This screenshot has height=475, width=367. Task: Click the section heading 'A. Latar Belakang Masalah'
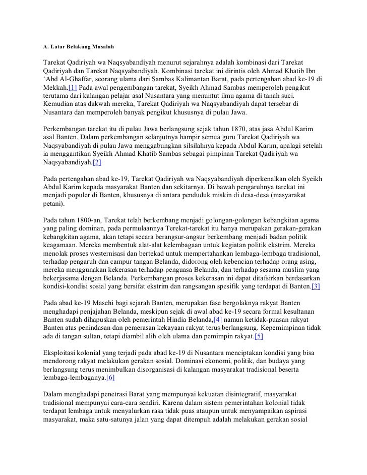click(x=78, y=47)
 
